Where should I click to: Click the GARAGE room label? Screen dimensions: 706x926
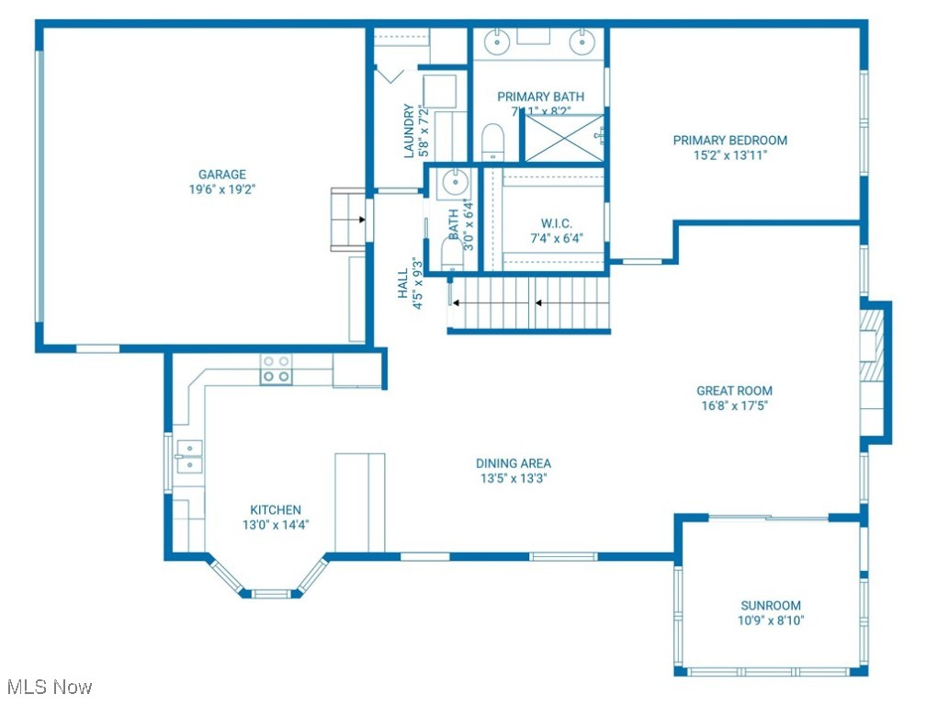(222, 175)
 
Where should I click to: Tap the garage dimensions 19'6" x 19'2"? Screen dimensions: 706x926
(222, 190)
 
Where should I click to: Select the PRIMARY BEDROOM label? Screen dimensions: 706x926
(730, 141)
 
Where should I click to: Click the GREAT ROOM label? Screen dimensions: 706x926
(734, 391)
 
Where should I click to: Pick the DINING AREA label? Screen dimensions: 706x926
(514, 463)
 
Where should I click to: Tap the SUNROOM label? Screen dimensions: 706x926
(771, 605)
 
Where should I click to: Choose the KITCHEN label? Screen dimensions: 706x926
(276, 510)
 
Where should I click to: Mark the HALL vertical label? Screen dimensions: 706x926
(403, 282)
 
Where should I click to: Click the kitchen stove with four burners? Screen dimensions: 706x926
(276, 369)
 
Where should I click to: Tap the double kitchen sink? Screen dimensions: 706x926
(190, 456)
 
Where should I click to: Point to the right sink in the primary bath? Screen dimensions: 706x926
(581, 40)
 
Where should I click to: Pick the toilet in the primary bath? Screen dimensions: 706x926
(493, 143)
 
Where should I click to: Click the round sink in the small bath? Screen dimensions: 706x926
(454, 182)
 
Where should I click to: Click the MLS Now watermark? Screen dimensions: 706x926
(48, 687)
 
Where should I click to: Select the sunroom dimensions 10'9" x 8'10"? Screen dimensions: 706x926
(771, 621)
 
